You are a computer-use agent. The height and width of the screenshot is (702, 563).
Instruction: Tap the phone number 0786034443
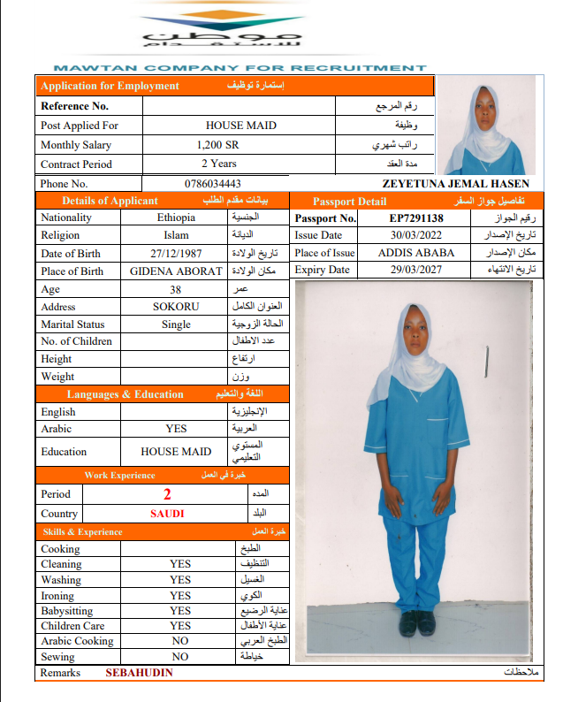tap(213, 183)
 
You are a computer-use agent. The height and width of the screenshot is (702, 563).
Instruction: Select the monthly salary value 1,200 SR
tap(217, 145)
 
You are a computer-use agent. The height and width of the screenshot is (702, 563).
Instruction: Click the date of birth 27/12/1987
tap(177, 253)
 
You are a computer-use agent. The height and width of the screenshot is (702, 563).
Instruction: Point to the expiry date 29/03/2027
tap(416, 271)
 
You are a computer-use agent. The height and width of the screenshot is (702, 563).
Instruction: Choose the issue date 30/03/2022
tap(416, 235)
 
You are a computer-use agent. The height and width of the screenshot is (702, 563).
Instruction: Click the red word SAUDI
tap(167, 514)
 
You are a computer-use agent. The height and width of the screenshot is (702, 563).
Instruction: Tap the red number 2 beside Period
tap(166, 494)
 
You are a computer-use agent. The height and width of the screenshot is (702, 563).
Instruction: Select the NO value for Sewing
tap(180, 657)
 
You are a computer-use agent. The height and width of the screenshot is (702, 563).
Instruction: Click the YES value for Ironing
tap(180, 596)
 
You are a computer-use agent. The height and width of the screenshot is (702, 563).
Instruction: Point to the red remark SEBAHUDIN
tap(140, 673)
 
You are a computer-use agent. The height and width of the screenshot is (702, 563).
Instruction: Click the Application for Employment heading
tap(110, 86)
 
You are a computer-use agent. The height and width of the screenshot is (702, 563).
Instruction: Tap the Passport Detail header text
tap(350, 202)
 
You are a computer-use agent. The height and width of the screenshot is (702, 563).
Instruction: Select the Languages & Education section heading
tap(126, 394)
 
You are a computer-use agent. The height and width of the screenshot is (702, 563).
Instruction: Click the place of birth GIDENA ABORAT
tap(176, 271)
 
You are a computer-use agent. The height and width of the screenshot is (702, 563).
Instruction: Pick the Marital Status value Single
tap(176, 324)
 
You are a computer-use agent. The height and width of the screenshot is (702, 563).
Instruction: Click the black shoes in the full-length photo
tap(417, 621)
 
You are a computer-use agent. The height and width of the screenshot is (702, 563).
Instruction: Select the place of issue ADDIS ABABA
tap(416, 253)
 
